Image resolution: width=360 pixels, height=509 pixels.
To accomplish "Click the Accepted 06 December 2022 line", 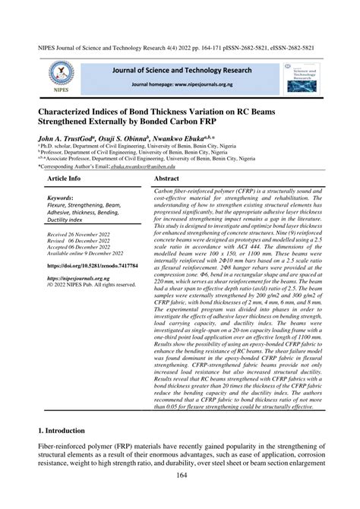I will point(83,270).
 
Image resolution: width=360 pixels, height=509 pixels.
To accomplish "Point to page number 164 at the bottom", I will point(179,497).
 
